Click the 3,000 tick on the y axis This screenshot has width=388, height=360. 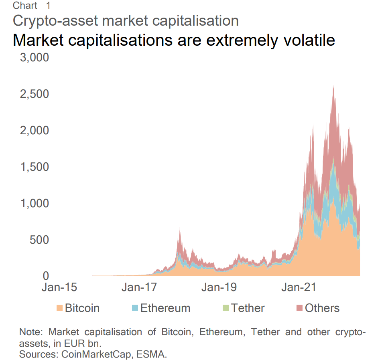coord(34,58)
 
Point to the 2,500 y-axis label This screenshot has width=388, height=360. coord(34,94)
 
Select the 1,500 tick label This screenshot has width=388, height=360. coord(34,167)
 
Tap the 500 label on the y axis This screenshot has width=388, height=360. coord(39,240)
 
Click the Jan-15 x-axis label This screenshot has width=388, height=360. coord(59,287)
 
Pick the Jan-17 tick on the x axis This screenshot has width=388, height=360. coord(139,287)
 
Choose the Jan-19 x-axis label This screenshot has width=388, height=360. coord(219,287)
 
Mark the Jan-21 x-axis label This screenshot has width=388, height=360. coord(299,287)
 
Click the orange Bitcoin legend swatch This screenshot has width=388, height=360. coord(59,308)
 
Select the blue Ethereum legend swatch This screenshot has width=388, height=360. coord(135,308)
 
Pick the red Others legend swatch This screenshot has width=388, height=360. coord(299,308)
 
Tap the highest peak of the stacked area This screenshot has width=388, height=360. coord(333,85)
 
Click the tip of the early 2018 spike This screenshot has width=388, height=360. coord(180,227)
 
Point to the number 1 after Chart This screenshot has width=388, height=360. coord(48,6)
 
